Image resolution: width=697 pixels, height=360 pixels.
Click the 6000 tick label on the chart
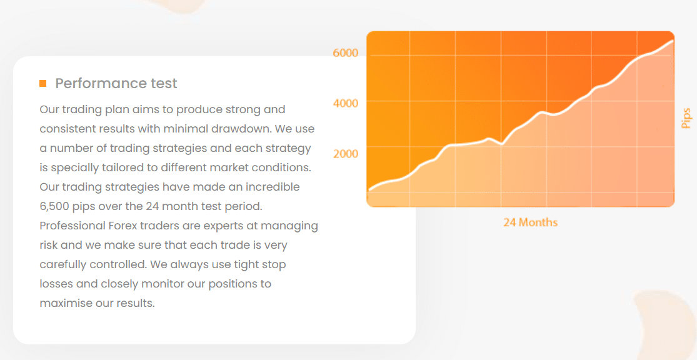pos(346,53)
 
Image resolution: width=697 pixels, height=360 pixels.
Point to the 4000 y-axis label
pos(346,103)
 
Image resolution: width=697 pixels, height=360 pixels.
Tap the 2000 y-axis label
pos(346,154)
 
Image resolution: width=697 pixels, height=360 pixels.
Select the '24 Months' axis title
pos(530,222)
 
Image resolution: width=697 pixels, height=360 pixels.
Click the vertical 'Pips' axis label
pos(686,118)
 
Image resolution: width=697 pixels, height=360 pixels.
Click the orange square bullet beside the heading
pos(43,83)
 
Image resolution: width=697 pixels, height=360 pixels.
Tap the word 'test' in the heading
pos(164,83)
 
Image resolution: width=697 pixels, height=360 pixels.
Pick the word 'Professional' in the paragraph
pos(72,226)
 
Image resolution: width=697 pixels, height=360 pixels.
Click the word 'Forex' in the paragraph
pos(121,226)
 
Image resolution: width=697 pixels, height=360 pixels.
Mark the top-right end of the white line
pos(673,41)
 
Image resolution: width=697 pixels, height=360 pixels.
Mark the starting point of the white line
pos(369,190)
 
